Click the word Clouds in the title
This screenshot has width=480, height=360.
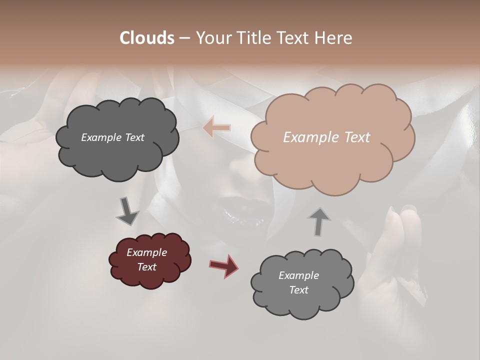[x=146, y=38]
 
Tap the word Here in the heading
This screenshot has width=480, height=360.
[x=335, y=38]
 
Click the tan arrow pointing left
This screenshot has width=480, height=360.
[x=216, y=128]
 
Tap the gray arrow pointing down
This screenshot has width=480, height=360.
[x=127, y=210]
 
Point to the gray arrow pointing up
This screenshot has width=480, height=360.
[x=319, y=221]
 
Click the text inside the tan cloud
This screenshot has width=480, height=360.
[x=326, y=137]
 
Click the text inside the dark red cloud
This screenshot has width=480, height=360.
[x=146, y=259]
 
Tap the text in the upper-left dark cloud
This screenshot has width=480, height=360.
[x=112, y=137]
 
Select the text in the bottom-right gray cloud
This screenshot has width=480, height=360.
[x=298, y=282]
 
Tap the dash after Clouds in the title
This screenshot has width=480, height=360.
[x=184, y=38]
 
